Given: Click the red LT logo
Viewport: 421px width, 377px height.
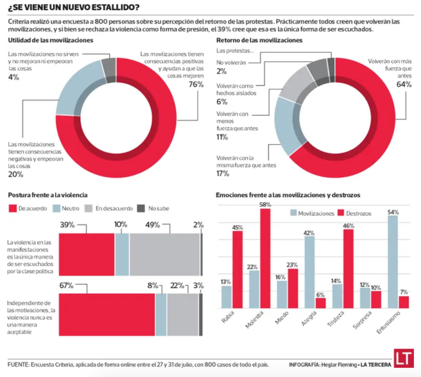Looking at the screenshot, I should tap(403, 359).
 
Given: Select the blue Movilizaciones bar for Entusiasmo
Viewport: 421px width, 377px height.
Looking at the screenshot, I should tap(393, 262).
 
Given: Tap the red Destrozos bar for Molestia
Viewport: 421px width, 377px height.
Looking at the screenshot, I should tap(266, 258).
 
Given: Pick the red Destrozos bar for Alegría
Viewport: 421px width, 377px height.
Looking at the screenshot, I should tap(321, 303).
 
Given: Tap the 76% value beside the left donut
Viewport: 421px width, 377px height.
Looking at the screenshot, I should tap(196, 84).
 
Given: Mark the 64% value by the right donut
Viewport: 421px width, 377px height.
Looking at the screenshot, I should tap(403, 84).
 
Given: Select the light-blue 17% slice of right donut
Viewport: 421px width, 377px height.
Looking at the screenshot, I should tap(288, 127).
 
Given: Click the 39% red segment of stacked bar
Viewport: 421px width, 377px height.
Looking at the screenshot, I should tap(87, 254).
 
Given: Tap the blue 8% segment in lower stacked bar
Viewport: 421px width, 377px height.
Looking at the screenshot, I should tap(161, 315).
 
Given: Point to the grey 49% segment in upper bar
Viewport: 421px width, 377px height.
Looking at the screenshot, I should tap(164, 254).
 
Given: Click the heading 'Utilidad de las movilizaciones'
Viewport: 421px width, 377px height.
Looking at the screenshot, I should tap(50, 40).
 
